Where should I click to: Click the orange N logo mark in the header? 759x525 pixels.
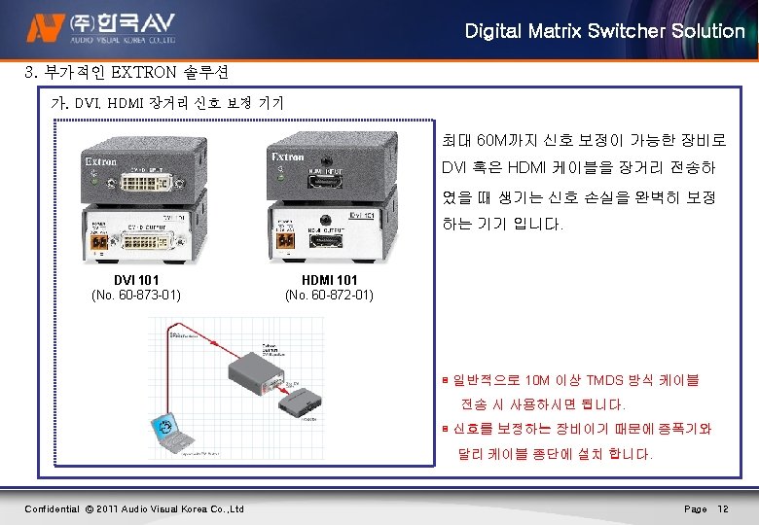(x=44, y=29)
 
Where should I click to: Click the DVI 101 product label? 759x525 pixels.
(x=137, y=280)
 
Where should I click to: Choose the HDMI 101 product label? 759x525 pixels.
(x=329, y=280)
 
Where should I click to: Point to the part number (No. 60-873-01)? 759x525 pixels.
(x=137, y=295)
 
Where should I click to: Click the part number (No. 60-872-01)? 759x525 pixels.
(x=329, y=295)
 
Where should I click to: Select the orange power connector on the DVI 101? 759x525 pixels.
(x=98, y=243)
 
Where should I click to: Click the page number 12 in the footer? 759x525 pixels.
(x=723, y=509)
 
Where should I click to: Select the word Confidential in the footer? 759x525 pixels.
(x=52, y=509)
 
